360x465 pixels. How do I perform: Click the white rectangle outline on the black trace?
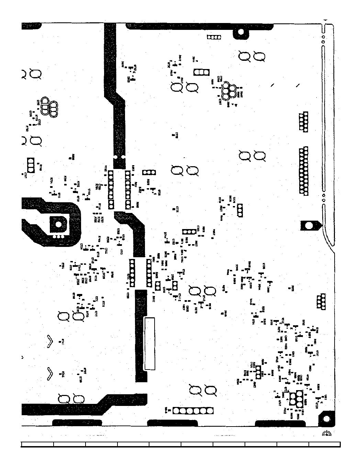(149, 344)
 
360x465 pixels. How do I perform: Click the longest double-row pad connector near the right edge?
(303, 171)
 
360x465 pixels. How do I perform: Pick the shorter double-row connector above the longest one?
(303, 122)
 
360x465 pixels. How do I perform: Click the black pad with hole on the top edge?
(241, 33)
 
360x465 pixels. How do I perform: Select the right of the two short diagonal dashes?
(297, 85)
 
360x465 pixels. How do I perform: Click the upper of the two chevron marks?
(50, 340)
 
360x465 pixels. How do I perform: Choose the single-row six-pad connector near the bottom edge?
(193, 411)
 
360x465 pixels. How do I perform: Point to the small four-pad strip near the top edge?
(213, 37)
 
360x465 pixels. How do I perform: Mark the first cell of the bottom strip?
(37, 444)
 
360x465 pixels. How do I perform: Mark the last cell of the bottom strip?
(324, 444)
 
